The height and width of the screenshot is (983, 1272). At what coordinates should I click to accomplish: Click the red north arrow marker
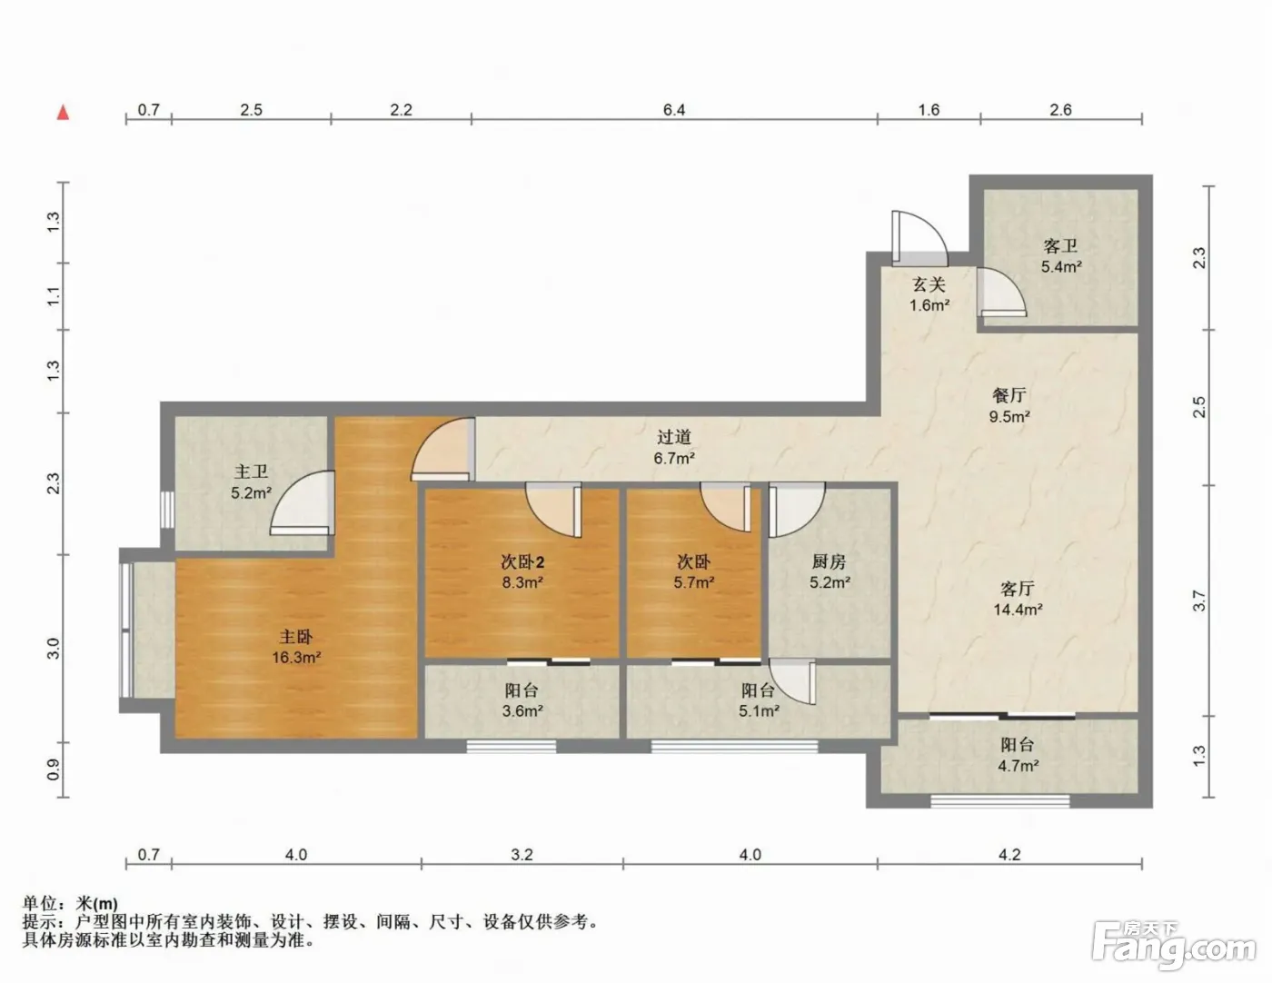click(x=63, y=112)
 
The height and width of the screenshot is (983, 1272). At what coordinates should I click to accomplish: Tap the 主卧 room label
click(x=296, y=637)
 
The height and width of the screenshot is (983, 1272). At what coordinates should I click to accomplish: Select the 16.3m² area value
click(x=296, y=658)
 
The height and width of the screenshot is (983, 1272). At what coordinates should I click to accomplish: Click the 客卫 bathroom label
click(x=1060, y=245)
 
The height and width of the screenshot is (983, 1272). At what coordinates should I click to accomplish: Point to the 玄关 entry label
click(x=929, y=284)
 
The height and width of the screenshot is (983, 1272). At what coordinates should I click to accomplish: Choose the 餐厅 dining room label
click(x=1009, y=395)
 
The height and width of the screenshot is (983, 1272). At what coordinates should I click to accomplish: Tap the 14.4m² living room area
click(x=1018, y=609)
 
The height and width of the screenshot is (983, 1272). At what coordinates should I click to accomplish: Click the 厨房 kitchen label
click(x=829, y=561)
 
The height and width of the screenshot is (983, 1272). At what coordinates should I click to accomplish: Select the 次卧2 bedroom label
click(x=522, y=562)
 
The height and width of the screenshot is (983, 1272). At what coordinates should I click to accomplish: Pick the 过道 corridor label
click(x=674, y=436)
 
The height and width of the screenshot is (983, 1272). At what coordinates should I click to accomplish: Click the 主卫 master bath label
click(x=251, y=472)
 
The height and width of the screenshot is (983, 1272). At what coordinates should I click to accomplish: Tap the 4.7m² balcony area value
click(x=1019, y=766)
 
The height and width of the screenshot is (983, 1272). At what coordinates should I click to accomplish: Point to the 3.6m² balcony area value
click(x=522, y=711)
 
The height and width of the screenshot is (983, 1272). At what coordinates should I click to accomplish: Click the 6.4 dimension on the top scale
click(x=674, y=109)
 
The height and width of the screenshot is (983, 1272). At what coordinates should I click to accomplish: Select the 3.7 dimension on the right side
click(x=1198, y=601)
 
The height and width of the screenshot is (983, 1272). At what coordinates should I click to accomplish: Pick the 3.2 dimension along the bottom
click(x=522, y=855)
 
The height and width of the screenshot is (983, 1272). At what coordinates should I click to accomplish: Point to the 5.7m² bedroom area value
click(x=693, y=582)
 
